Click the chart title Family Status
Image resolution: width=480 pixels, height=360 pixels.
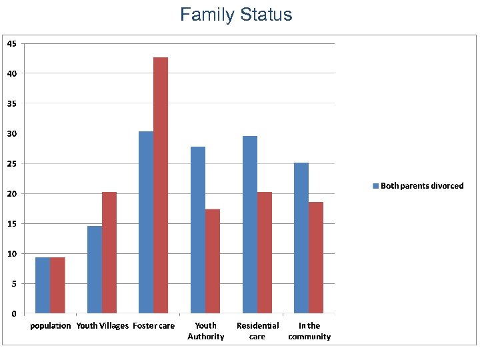coord(236,15)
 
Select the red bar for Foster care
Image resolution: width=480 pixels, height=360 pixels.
coord(161,185)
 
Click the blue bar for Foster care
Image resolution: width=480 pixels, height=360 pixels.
coord(146,222)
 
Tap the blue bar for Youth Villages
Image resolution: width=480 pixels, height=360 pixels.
coord(95,269)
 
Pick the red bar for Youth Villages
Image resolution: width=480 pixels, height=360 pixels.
coord(109,253)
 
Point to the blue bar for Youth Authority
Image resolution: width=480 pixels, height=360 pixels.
coord(198,230)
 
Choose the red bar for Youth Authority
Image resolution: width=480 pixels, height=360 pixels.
coord(213,261)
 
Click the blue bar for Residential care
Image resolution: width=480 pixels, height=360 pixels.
coord(250,225)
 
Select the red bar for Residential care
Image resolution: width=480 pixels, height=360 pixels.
coord(265,253)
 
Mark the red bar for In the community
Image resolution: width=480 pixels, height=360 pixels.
coord(316,257)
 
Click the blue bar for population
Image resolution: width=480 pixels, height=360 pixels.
coord(43,285)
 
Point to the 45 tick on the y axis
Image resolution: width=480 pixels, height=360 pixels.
coord(12,43)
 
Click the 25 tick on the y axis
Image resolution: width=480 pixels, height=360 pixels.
coord(12,163)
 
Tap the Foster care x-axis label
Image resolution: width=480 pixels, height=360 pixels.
coord(154,326)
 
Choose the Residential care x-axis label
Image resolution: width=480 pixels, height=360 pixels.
coord(257,331)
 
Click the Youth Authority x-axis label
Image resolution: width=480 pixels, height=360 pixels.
coord(205,331)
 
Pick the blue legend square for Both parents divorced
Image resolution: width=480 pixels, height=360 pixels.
coord(375,186)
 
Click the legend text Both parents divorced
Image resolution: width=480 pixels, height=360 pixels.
coord(422,186)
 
